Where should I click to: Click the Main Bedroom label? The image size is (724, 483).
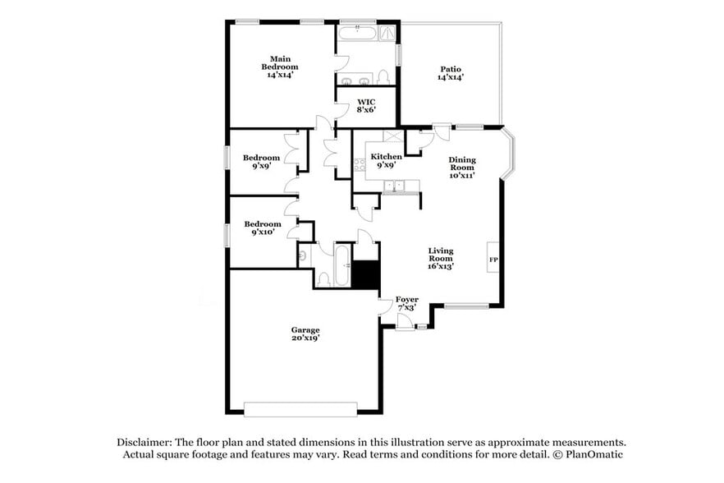(280, 67)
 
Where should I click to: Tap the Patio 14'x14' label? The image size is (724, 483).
(450, 73)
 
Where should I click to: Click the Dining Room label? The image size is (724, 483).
(461, 168)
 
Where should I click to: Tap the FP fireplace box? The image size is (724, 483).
(493, 261)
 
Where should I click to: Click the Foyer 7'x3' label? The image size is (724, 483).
(406, 303)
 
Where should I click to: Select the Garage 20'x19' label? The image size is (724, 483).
(305, 334)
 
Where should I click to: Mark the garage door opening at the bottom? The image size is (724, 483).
(300, 408)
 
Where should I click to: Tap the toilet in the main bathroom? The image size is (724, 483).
(383, 78)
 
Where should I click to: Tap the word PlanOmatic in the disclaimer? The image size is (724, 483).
(600, 454)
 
